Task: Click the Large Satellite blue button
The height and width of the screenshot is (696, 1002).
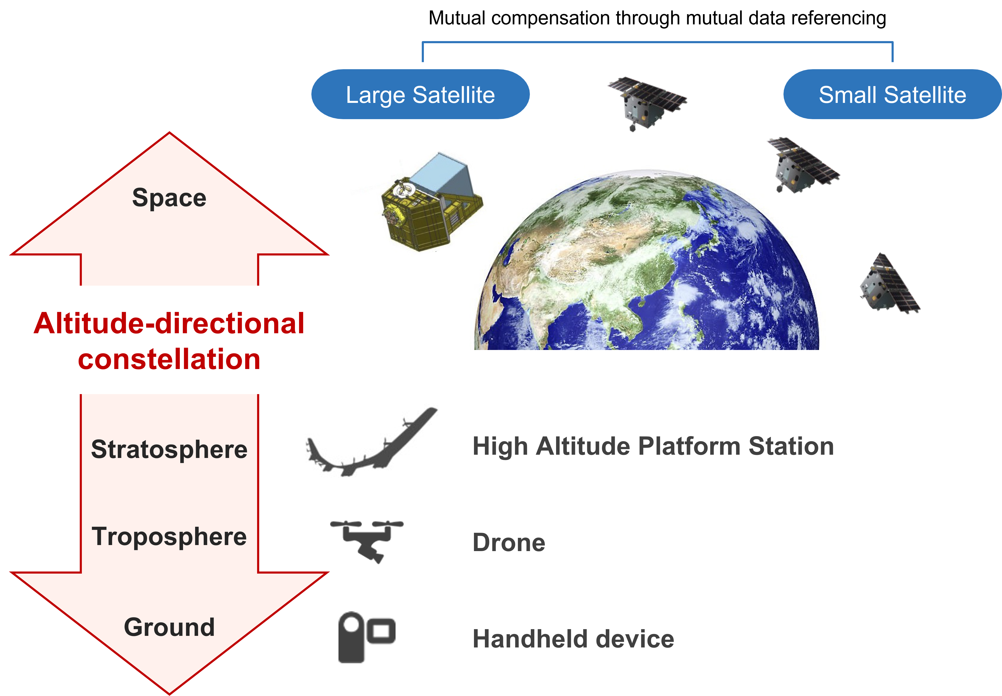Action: (420, 95)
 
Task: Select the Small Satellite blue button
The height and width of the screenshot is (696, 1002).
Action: (892, 95)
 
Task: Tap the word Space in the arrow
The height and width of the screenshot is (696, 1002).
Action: (169, 198)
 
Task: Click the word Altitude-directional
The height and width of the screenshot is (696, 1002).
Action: (169, 323)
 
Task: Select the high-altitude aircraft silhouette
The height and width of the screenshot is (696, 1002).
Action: (370, 443)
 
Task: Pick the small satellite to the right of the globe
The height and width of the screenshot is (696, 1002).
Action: (889, 286)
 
